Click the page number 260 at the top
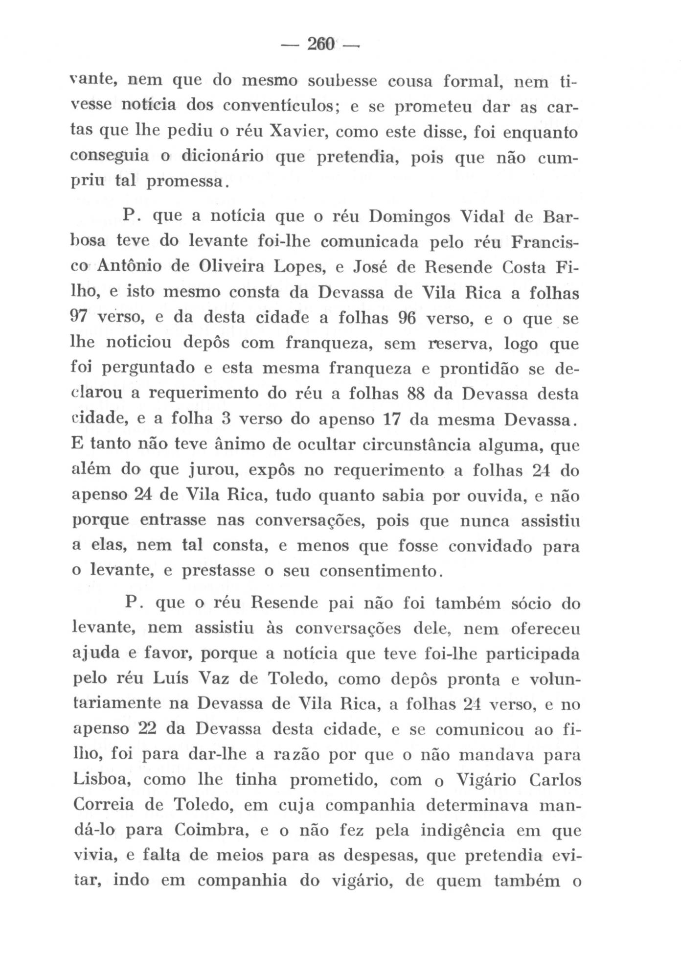point(320,46)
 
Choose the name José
point(376,268)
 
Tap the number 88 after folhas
point(419,395)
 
